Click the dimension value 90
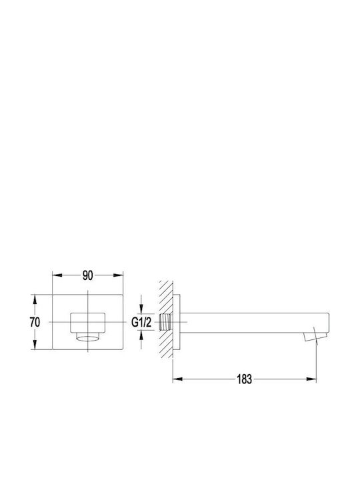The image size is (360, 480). [x=87, y=275]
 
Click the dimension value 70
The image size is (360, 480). [x=35, y=322]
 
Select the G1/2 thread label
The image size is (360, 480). [x=141, y=322]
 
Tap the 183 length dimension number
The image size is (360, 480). [x=244, y=379]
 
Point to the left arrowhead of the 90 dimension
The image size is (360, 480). [x=57, y=275]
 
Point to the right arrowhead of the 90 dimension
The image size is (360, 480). [x=119, y=275]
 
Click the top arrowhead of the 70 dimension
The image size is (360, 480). [x=35, y=299]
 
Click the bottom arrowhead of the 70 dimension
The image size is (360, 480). [x=35, y=345]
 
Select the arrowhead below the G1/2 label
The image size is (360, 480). [x=141, y=337]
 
